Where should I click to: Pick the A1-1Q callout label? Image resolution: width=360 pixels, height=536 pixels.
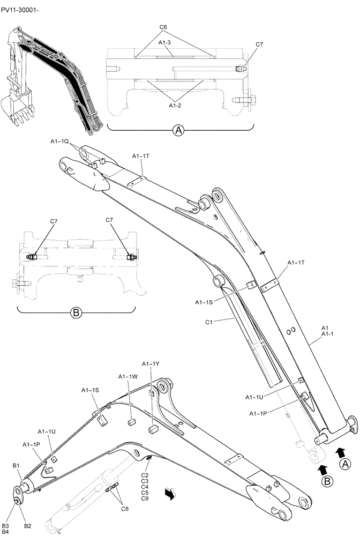pos(59,141)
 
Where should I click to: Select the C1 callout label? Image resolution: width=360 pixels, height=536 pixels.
pos(209,322)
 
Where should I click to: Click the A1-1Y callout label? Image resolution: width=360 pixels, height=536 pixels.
pos(152,364)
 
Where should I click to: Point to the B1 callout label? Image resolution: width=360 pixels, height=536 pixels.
pos(16,465)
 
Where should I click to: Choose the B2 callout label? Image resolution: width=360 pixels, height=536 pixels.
pos(27,527)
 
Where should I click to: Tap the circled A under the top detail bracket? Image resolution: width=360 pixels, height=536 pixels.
pos(179,130)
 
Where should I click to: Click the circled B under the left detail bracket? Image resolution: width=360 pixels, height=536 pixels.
pos(76,312)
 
